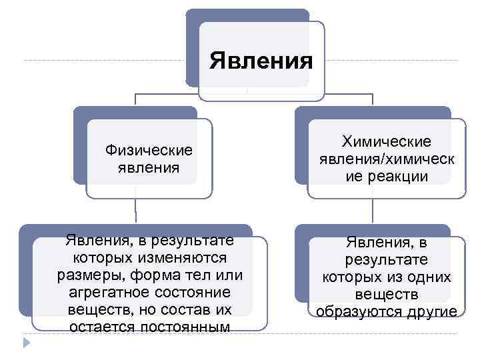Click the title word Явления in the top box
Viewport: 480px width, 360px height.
261,61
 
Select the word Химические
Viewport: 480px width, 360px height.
387,141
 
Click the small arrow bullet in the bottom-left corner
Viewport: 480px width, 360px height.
27,342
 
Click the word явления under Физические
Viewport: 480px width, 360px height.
148,167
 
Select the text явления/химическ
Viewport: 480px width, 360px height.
387,159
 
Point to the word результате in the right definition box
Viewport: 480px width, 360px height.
387,259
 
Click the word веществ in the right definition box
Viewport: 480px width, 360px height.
387,294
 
